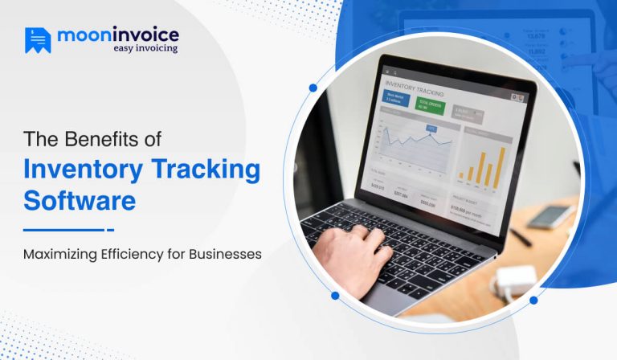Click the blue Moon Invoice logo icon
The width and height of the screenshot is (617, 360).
[37, 40]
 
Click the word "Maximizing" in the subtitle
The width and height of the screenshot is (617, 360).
[63, 254]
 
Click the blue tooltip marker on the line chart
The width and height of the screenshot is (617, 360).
[431, 128]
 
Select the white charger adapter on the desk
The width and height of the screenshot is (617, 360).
[515, 282]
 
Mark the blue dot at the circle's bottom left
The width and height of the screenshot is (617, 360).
[335, 296]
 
